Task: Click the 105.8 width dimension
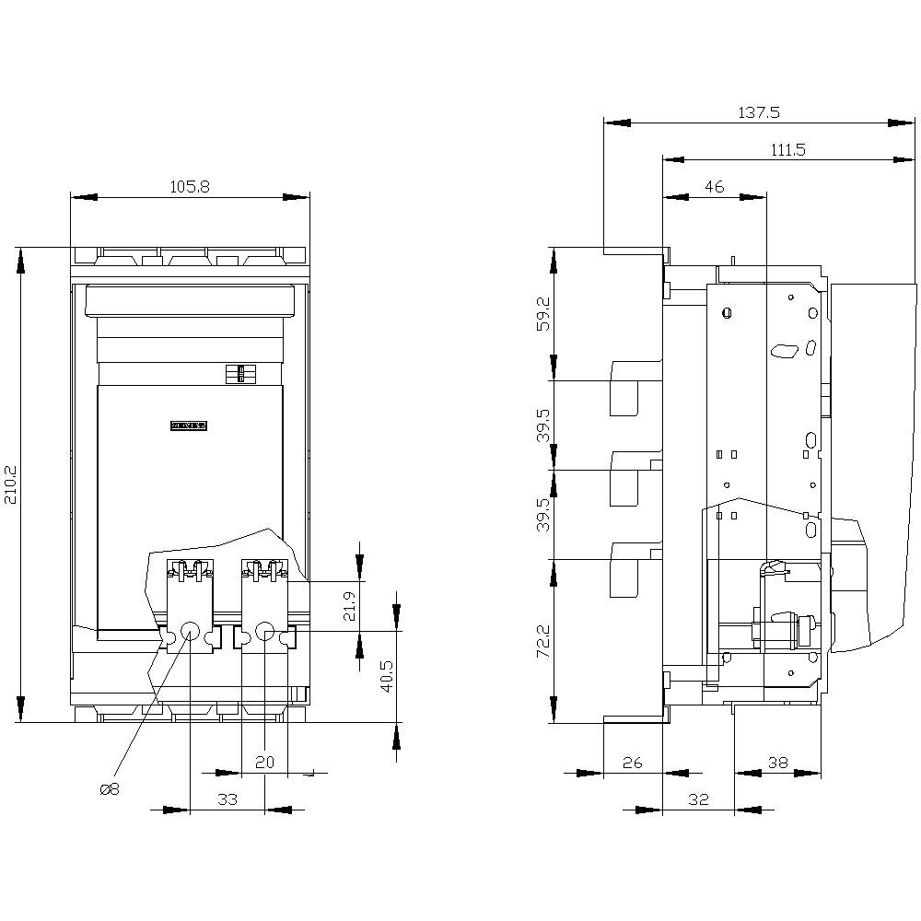191,186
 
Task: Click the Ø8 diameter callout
109,789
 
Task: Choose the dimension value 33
227,799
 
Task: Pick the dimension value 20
264,764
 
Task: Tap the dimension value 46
714,186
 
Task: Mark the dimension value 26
632,763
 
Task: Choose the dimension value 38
778,763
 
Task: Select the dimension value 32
698,799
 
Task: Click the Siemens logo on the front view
191,426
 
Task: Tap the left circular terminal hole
189,632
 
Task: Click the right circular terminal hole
264,632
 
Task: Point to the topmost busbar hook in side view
626,388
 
